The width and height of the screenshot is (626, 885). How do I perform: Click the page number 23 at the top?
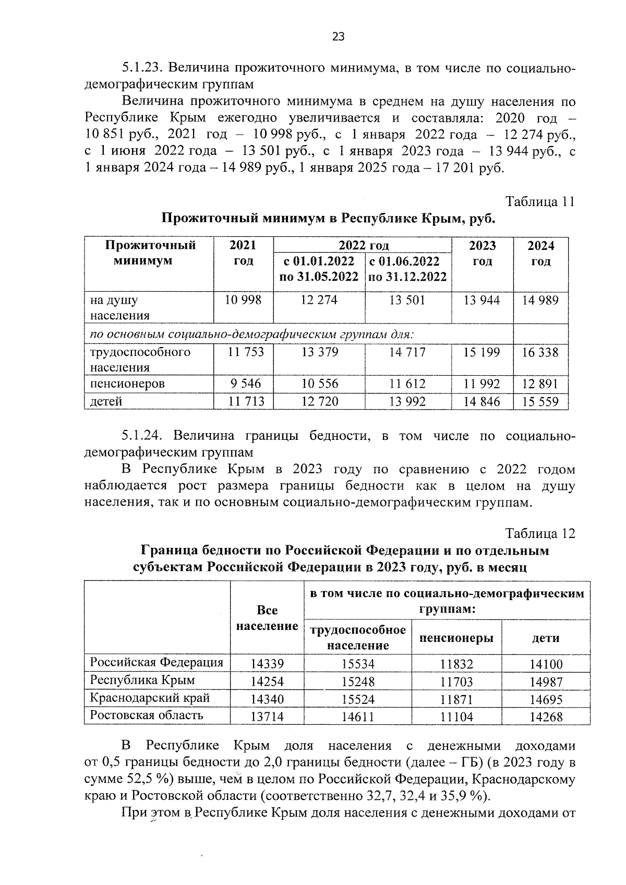pyautogui.click(x=338, y=37)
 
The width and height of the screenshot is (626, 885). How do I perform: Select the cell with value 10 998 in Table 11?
pyautogui.click(x=243, y=300)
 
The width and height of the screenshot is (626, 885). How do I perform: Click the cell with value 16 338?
pyautogui.click(x=540, y=352)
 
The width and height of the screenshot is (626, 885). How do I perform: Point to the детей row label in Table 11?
pyautogui.click(x=106, y=401)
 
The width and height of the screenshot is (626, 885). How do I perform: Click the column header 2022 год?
pyautogui.click(x=363, y=246)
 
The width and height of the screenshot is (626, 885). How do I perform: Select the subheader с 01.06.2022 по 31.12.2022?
pyautogui.click(x=407, y=268)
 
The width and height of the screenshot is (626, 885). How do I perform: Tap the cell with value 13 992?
pyautogui.click(x=407, y=401)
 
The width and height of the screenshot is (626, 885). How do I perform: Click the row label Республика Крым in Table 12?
pyautogui.click(x=142, y=680)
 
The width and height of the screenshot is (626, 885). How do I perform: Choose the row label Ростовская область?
pyautogui.click(x=146, y=715)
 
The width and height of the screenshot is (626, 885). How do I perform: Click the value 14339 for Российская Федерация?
pyautogui.click(x=267, y=664)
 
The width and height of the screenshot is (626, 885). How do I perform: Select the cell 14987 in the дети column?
pyautogui.click(x=546, y=682)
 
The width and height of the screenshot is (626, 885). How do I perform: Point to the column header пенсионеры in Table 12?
pyautogui.click(x=456, y=638)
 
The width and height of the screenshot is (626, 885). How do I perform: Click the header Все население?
pyautogui.click(x=267, y=618)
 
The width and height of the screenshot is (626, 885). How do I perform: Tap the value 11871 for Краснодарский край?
pyautogui.click(x=456, y=699)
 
